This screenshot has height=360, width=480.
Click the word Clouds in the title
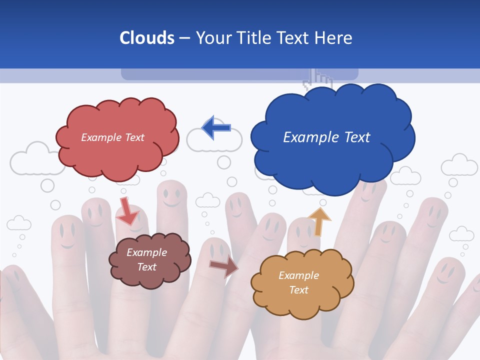coord(147,38)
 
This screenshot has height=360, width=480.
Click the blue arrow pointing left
coord(216,127)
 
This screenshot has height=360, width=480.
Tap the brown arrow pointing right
coord(223,266)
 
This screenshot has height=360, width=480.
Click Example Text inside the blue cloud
coord(326,137)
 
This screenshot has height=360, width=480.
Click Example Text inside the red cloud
coord(112,137)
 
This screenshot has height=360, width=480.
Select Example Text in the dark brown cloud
coord(147,260)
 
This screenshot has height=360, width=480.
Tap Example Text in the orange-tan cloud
coord(298,282)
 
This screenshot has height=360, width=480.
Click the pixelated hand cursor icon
coord(320,79)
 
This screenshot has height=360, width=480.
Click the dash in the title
coord(184,38)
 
